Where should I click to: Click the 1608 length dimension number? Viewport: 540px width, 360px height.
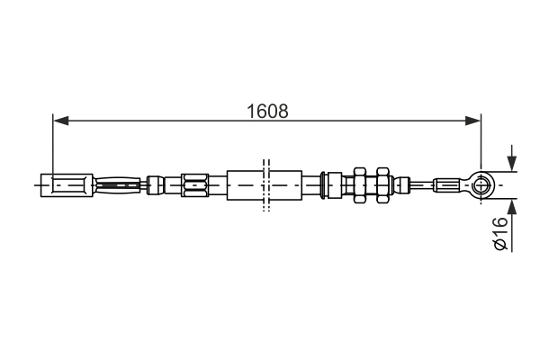(x=268, y=112)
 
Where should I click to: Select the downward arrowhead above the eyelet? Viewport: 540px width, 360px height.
(x=512, y=164)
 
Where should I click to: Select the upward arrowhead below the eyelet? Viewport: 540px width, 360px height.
(x=512, y=205)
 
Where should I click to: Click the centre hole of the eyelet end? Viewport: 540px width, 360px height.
(x=483, y=186)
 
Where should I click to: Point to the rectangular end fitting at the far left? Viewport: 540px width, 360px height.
(x=70, y=186)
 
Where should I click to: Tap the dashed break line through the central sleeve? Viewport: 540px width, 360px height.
(x=265, y=186)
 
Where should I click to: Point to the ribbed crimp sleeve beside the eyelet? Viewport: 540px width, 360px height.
(x=449, y=186)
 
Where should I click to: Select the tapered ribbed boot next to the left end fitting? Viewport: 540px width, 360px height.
(x=118, y=186)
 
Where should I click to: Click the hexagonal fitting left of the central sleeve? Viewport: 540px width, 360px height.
(x=193, y=186)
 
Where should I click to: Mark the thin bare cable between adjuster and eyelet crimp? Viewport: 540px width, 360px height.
(x=421, y=186)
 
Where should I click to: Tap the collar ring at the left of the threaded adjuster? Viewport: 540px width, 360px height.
(x=331, y=186)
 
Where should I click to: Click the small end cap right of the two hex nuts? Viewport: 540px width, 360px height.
(x=397, y=186)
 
